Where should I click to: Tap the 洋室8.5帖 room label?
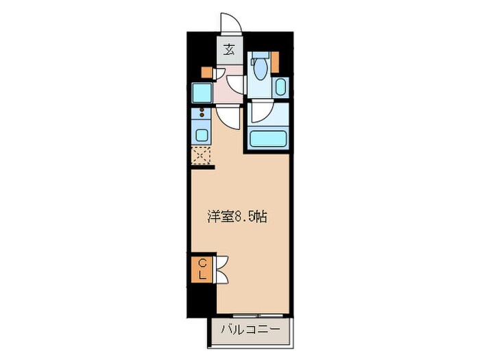point(237,217)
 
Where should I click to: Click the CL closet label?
point(203,268)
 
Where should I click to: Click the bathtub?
point(268,139)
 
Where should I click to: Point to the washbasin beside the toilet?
point(280,86)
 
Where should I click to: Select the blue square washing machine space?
point(203,91)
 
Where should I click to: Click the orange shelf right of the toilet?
point(276,61)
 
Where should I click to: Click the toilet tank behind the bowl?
point(258,59)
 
